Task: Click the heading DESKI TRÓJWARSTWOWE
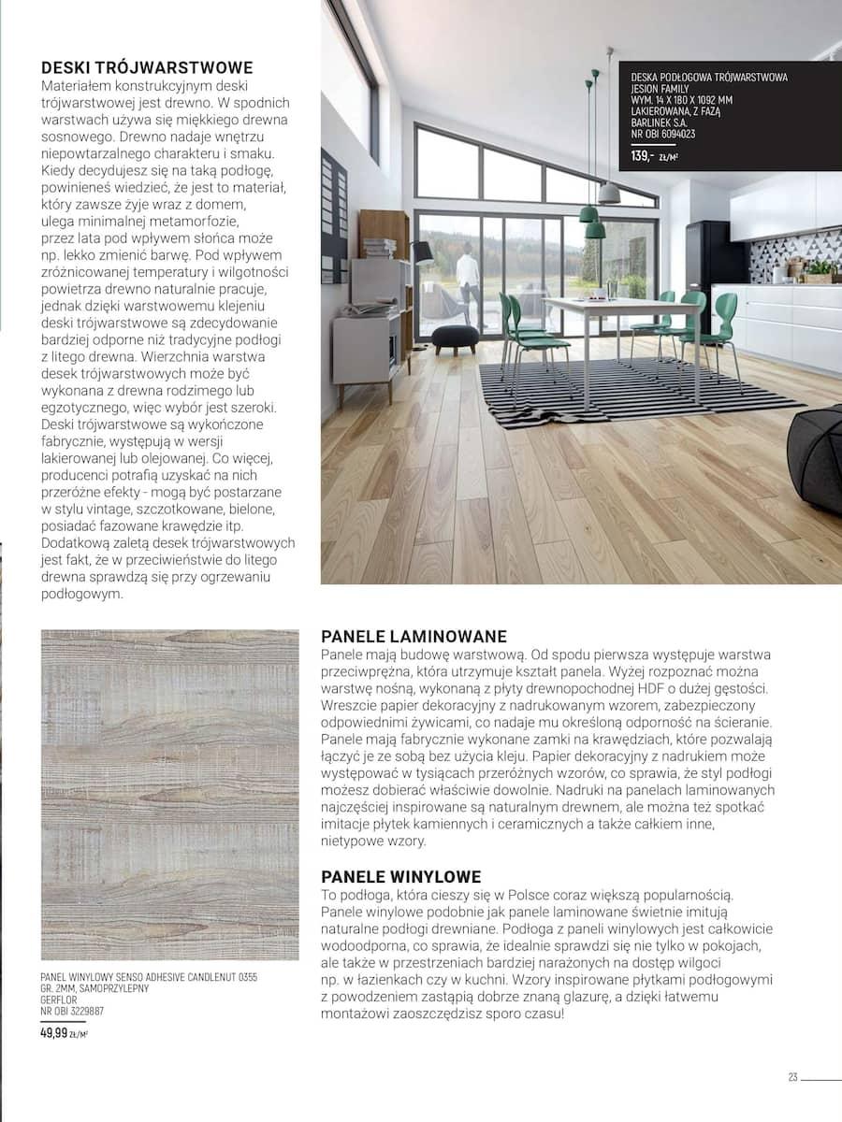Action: click(147, 67)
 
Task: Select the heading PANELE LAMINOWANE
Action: click(414, 637)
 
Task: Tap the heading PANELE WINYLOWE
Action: click(400, 877)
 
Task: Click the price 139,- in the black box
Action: click(642, 155)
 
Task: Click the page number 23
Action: click(792, 1077)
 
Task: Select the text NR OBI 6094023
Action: click(663, 134)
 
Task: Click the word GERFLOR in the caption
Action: click(58, 999)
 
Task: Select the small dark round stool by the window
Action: click(456, 337)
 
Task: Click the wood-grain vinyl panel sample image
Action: click(169, 795)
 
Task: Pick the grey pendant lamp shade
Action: click(609, 193)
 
